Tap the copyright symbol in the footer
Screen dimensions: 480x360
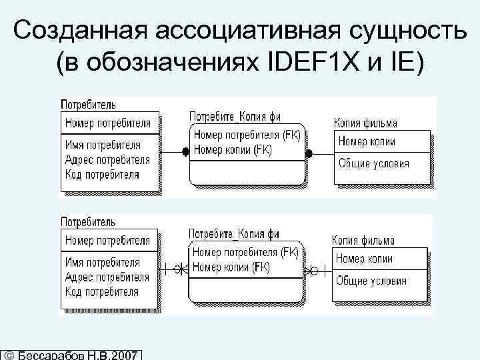pyautogui.click(x=7, y=354)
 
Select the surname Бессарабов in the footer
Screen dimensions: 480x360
pyautogui.click(x=49, y=354)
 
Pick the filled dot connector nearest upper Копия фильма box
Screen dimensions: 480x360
pyautogui.click(x=309, y=153)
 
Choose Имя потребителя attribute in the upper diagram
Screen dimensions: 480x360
pyautogui.click(x=103, y=145)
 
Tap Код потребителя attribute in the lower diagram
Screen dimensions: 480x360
pyautogui.click(x=102, y=292)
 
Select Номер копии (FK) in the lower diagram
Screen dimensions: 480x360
pyautogui.click(x=231, y=267)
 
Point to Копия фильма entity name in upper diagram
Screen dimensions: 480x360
pyautogui.click(x=365, y=123)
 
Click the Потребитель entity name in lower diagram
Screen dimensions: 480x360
pyautogui.click(x=89, y=222)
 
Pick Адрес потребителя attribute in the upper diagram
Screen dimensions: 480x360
pyautogui.click(x=107, y=159)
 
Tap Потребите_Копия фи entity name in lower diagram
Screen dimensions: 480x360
pyautogui.click(x=234, y=234)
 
